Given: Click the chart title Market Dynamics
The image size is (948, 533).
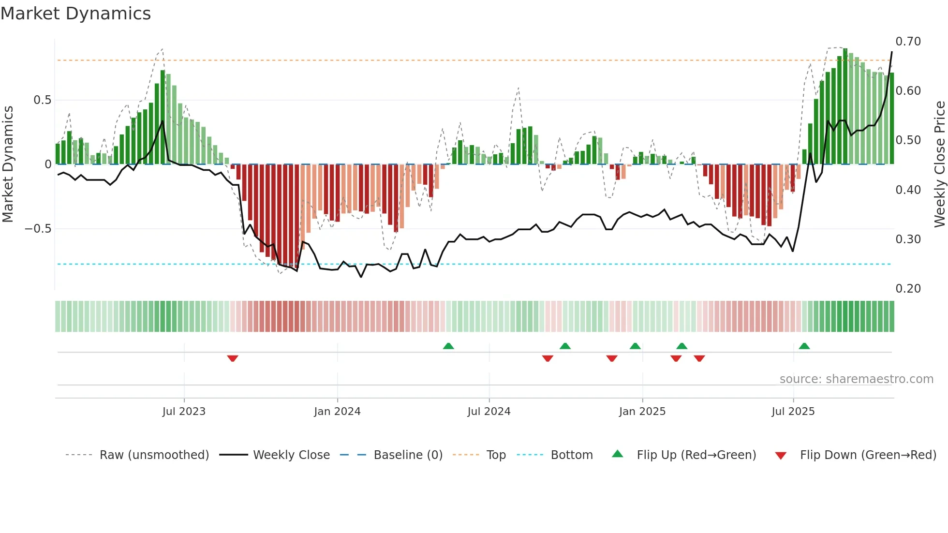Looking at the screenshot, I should click(75, 14).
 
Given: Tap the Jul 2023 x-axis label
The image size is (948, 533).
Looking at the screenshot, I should click(184, 412).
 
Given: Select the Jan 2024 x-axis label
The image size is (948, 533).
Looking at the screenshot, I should click(337, 412).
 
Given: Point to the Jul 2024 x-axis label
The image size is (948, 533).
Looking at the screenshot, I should click(489, 412).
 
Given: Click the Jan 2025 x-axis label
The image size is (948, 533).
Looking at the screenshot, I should click(642, 412).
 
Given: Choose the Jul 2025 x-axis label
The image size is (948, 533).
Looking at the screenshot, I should click(793, 412).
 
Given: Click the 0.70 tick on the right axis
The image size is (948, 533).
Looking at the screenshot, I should click(908, 42).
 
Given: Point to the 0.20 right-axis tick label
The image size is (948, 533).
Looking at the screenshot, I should click(908, 289).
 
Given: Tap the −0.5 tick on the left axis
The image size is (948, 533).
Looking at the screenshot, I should click(38, 229).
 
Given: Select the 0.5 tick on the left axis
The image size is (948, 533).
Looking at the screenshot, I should click(42, 100).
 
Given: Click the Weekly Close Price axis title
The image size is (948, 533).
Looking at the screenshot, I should click(940, 164).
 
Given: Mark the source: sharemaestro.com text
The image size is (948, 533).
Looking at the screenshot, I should click(856, 379).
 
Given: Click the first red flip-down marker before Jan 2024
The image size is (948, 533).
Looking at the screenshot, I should click(233, 358).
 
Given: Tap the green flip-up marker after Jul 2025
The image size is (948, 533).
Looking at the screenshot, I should click(804, 346).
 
